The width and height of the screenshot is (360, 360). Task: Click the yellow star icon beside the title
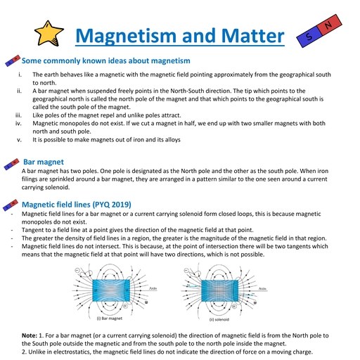coord(49,34)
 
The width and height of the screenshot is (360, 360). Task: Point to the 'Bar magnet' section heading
coord(44,162)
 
